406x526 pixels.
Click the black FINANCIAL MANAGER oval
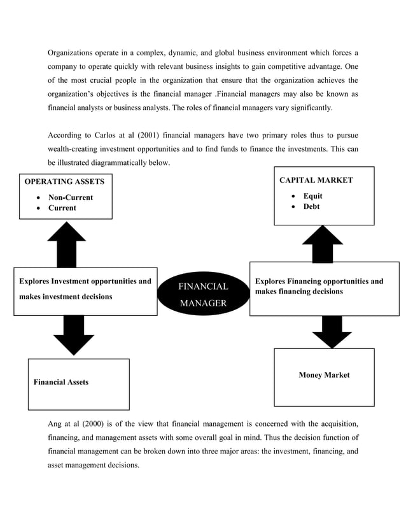point(203,295)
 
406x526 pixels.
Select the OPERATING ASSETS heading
point(64,181)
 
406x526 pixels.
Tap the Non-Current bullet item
point(71,197)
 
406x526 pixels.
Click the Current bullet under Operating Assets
point(62,208)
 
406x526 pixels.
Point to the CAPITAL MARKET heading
point(316,180)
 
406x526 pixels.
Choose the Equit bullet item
point(312,196)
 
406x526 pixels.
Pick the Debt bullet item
point(312,206)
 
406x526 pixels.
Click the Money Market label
point(324,375)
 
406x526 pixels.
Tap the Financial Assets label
point(61,382)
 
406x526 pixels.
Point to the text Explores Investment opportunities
point(85,281)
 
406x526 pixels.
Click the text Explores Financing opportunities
point(319,281)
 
